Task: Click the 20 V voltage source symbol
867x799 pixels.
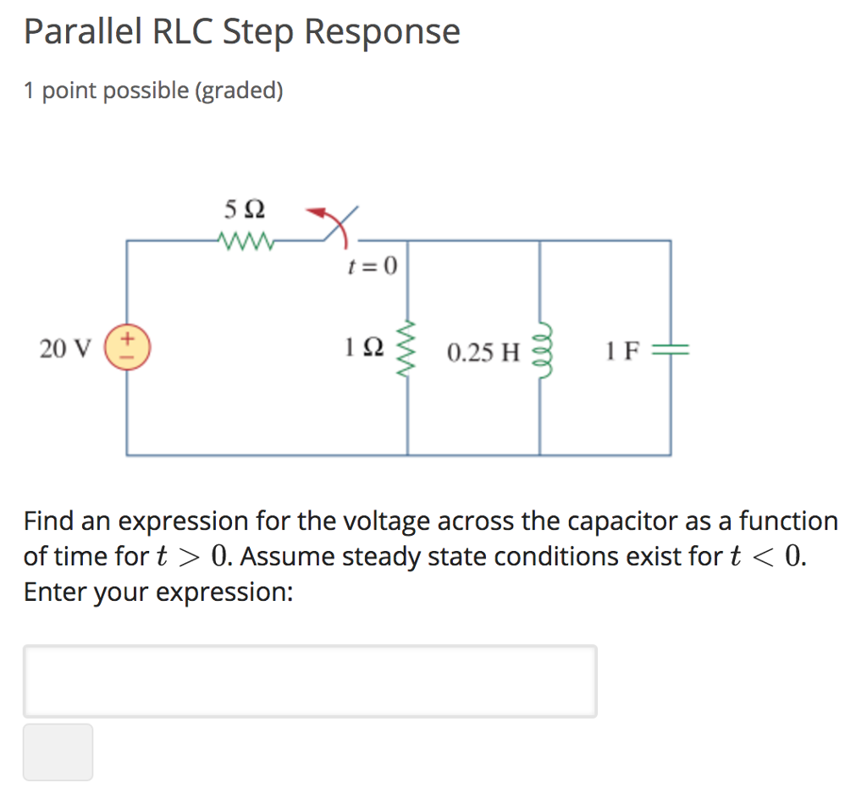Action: click(127, 348)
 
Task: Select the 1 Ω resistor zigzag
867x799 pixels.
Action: click(407, 348)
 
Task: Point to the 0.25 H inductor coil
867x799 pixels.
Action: click(540, 348)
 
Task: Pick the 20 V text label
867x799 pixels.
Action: click(64, 348)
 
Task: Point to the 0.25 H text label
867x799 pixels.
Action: click(483, 351)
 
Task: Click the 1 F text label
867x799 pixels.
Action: click(621, 350)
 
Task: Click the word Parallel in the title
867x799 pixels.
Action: click(83, 32)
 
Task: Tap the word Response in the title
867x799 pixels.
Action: click(383, 32)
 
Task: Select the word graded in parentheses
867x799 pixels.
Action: click(240, 91)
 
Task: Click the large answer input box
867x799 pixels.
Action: click(310, 681)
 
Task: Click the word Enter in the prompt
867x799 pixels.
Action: click(51, 592)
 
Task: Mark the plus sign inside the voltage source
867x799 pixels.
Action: click(129, 339)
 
